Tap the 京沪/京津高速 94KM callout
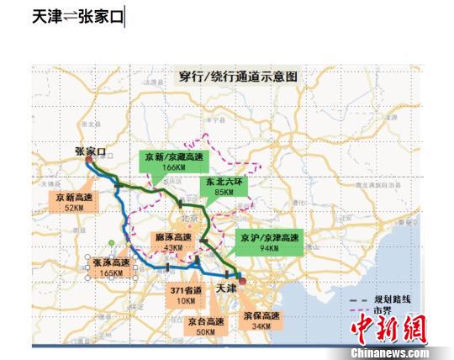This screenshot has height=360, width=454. coord(267,242)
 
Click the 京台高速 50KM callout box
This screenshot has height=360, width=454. coord(206,326)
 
